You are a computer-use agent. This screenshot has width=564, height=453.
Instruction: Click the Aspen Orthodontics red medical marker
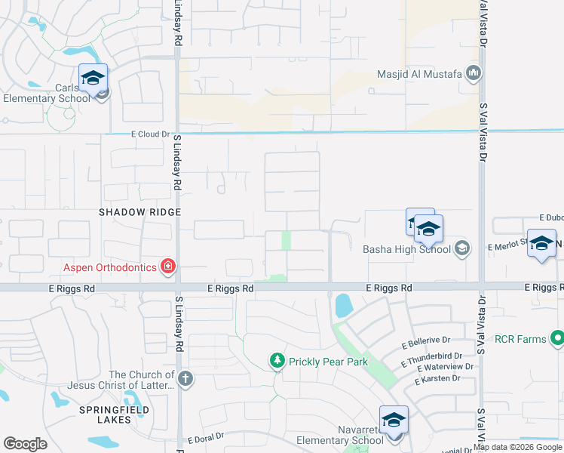click(167, 267)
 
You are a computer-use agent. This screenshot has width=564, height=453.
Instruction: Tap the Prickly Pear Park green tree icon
click(277, 362)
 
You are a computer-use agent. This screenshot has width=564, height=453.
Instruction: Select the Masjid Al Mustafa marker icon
click(474, 74)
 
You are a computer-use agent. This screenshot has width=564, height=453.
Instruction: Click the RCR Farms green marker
click(557, 338)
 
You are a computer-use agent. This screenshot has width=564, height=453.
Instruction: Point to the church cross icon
click(185, 378)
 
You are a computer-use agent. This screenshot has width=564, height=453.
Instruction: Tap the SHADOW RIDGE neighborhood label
click(140, 213)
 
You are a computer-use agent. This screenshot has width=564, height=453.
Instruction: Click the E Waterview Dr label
click(443, 368)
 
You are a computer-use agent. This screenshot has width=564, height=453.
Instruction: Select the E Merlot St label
click(507, 246)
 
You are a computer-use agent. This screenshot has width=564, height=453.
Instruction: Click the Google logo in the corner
click(25, 444)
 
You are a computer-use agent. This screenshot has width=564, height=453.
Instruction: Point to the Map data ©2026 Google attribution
click(518, 447)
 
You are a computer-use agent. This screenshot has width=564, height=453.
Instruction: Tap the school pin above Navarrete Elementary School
click(393, 421)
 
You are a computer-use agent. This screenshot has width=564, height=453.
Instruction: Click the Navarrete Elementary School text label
click(339, 440)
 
